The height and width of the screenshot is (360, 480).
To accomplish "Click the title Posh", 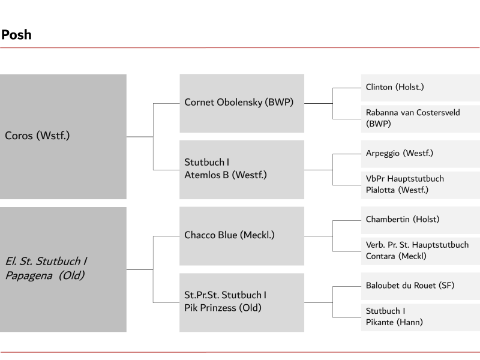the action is click(16, 35).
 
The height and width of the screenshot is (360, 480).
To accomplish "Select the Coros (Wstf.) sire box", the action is click(63, 137).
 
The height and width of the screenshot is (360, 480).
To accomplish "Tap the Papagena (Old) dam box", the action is click(63, 269).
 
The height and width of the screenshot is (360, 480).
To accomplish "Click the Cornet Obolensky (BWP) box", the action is click(242, 103).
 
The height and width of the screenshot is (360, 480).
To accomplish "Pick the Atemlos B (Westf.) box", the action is click(242, 170).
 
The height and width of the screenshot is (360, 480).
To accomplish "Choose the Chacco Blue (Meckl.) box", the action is click(242, 236).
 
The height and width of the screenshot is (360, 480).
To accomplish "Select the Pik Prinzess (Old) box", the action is click(242, 302).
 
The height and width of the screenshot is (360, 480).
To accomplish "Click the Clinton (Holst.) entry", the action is click(421, 88).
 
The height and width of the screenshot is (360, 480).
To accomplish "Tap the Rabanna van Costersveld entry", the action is click(421, 119).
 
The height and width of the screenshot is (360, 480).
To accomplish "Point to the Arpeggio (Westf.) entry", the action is click(421, 154).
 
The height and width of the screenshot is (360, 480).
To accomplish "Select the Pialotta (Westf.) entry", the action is click(421, 185).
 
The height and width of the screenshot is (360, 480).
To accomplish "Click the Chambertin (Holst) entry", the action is click(421, 220).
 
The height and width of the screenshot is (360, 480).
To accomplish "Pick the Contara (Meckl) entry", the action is click(421, 251).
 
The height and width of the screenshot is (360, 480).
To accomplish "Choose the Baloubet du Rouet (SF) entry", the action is click(421, 286).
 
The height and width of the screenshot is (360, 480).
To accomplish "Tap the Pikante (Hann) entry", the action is click(421, 317).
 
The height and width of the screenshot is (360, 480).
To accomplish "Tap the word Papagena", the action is click(29, 276).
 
